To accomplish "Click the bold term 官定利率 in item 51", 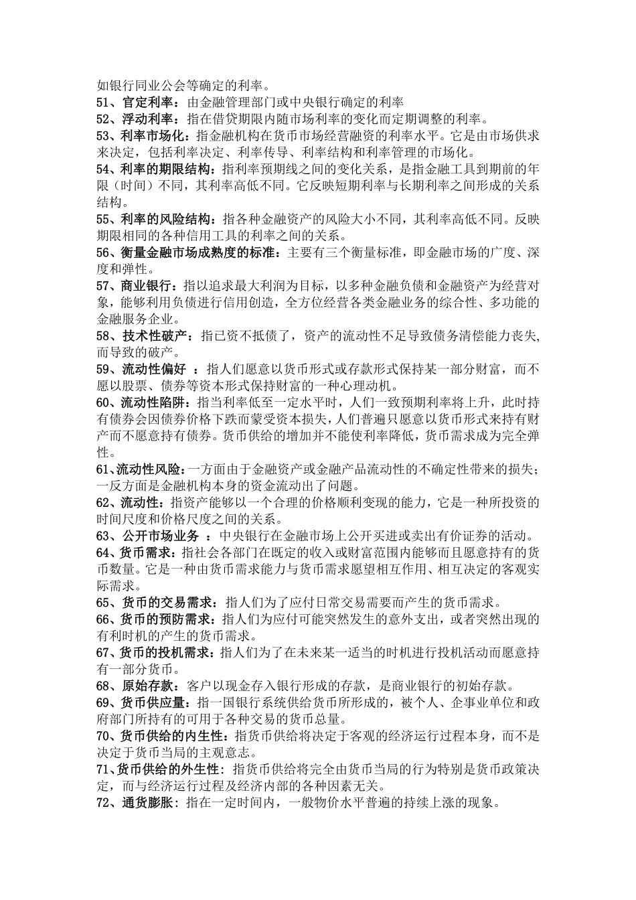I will click(147, 102).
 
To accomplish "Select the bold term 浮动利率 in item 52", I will click(147, 119).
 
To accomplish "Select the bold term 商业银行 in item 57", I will click(147, 285).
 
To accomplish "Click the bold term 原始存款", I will click(147, 684).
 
